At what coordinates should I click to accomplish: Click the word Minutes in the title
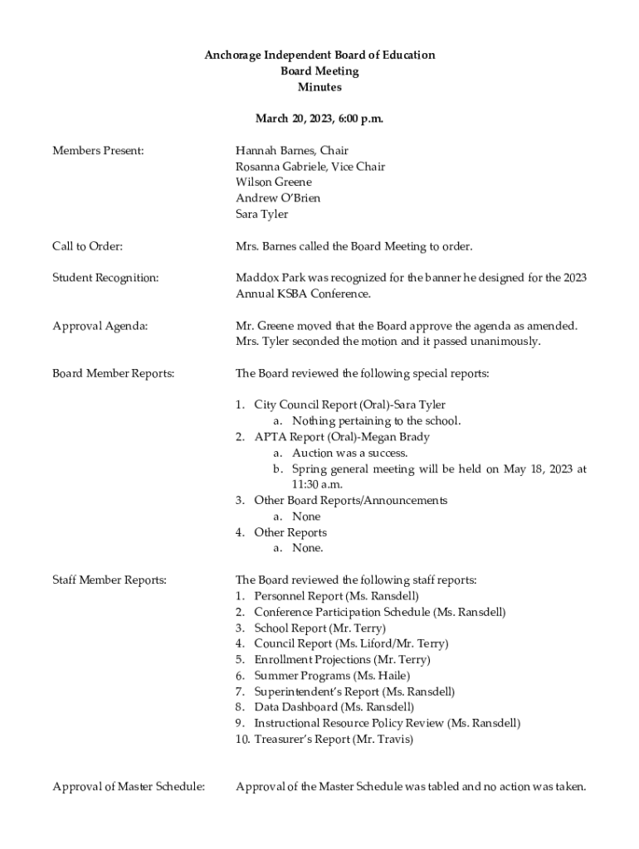tap(319, 87)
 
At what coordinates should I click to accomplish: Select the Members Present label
tap(98, 151)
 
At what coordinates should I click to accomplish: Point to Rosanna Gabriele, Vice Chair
tap(310, 167)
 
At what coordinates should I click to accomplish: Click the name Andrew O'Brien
tap(277, 198)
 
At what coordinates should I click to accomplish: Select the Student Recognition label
tap(105, 278)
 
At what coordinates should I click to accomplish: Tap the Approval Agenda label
tap(100, 326)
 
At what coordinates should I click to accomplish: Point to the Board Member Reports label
tap(114, 374)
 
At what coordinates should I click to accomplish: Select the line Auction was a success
tap(349, 454)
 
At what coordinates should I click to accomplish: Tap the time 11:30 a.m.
tap(317, 485)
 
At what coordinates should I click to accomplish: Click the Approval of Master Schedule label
tap(129, 787)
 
